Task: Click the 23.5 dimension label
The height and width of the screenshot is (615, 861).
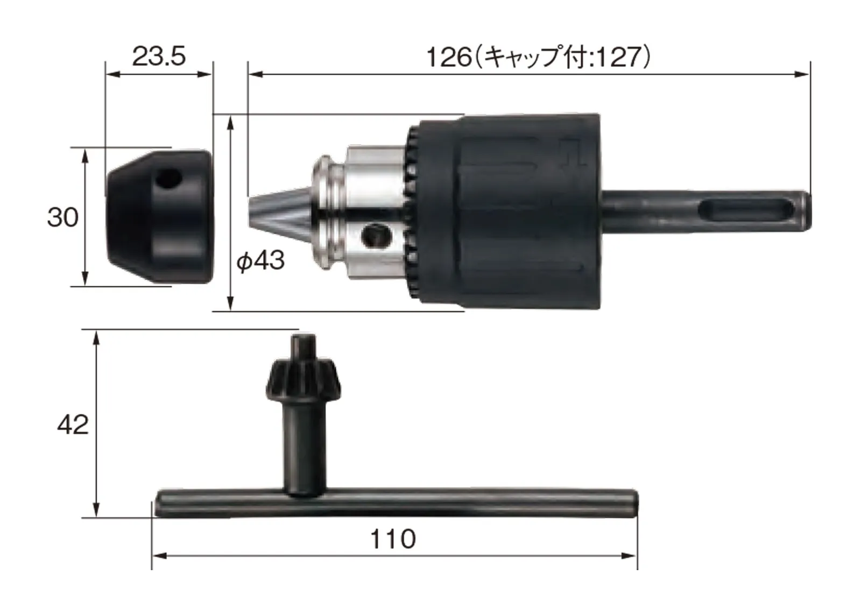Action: pyautogui.click(x=159, y=56)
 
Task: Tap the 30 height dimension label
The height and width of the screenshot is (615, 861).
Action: pyautogui.click(x=62, y=217)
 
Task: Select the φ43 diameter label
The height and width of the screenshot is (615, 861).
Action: pyautogui.click(x=260, y=261)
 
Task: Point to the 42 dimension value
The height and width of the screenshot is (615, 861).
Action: pyautogui.click(x=73, y=425)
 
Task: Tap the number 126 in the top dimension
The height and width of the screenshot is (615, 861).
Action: pyautogui.click(x=449, y=58)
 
